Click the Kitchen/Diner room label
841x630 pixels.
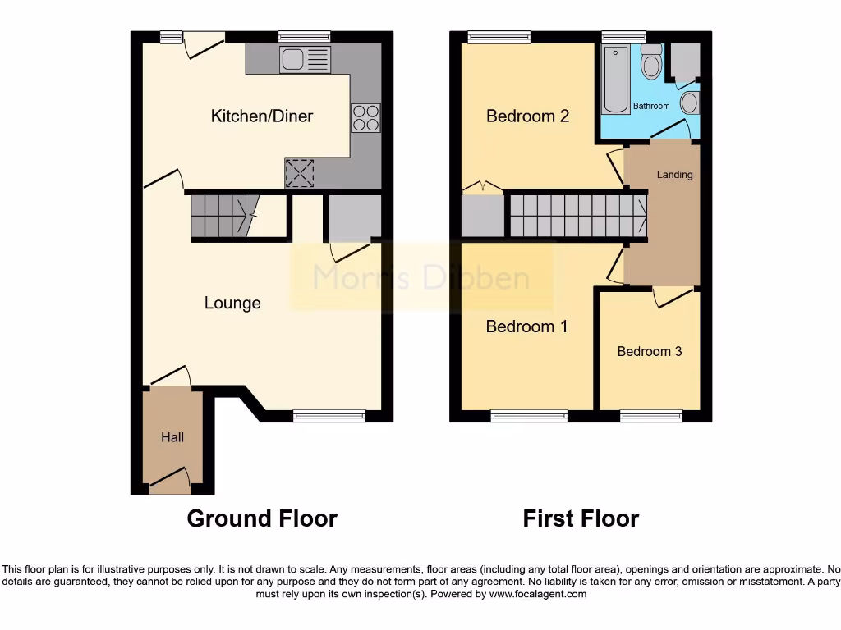click(262, 116)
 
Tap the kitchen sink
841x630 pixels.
click(305, 59)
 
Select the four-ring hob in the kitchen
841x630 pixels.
click(366, 119)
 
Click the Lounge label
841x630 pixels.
click(232, 304)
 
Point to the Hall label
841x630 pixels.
click(172, 438)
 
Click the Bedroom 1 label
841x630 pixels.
click(526, 326)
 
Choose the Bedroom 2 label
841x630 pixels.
click(527, 116)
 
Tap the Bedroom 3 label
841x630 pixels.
click(650, 351)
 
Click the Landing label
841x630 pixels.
click(674, 175)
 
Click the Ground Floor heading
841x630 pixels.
click(262, 518)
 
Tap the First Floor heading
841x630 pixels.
click(581, 518)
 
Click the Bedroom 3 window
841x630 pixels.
click(650, 416)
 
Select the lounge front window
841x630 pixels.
click(329, 416)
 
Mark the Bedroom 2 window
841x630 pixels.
click(499, 37)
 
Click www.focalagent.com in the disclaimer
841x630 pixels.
click(538, 594)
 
